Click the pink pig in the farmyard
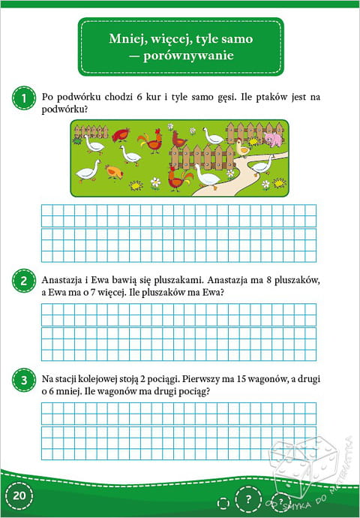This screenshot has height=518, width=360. tap(274, 139)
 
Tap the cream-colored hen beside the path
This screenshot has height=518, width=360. tap(242, 148)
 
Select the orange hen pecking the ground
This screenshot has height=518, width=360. tap(114, 172)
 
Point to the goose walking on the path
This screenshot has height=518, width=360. tap(262, 165)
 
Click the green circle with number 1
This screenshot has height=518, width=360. tap(24, 98)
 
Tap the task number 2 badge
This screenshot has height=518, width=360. tap(24, 281)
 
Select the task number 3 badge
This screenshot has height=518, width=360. tap(24, 380)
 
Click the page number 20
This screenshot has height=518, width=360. tap(19, 496)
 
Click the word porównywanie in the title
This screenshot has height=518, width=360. tap(188, 56)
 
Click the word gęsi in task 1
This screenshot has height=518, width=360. tap(227, 98)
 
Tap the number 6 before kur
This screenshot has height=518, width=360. tap(139, 98)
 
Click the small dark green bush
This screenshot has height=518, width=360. tap(77, 140)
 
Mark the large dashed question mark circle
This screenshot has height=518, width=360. tap(248, 499)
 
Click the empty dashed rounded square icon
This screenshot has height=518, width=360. tap(223, 503)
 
